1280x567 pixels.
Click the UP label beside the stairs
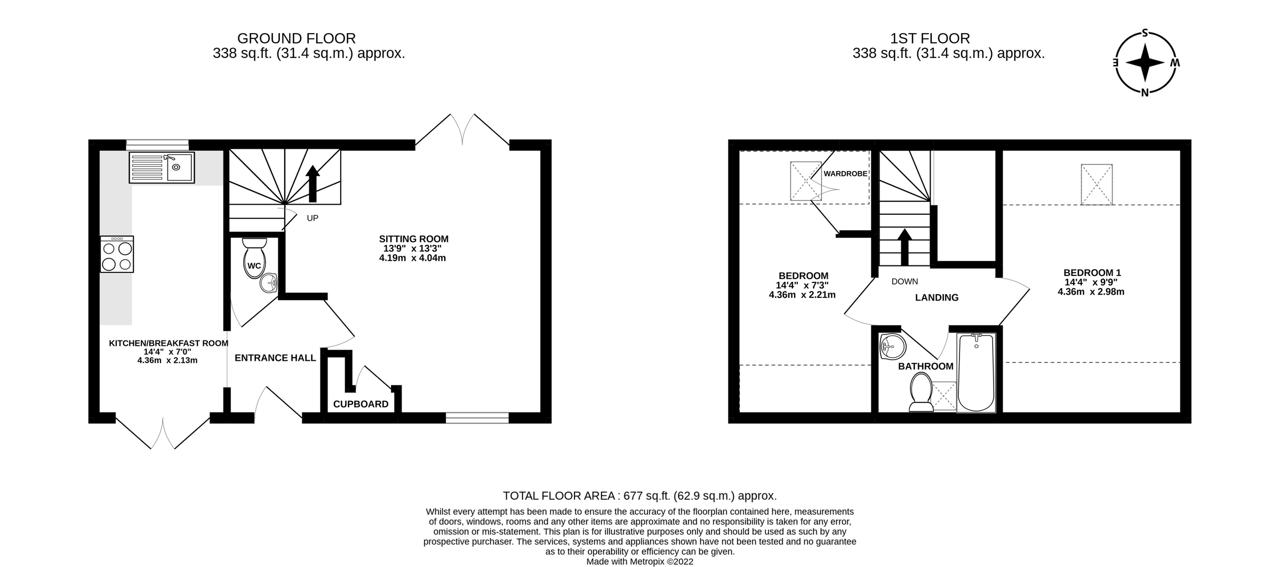coord(313,218)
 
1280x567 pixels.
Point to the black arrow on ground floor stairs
coord(313,183)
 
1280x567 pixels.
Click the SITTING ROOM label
coord(413,239)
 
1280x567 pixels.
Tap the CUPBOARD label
coord(361,404)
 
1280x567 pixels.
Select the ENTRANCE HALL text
coord(275,358)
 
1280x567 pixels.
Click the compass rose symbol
coord(1145,62)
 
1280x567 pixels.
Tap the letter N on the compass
coord(1145,93)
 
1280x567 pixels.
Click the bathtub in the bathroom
coord(976,373)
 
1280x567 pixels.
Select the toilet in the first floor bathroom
coord(921,392)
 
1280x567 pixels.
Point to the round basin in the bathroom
coord(892,347)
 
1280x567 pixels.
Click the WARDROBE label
coord(845,174)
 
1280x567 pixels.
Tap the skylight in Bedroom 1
coord(1097,184)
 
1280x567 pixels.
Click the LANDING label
coord(937,297)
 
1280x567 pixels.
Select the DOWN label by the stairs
coord(905,281)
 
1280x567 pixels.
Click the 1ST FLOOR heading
coord(930,38)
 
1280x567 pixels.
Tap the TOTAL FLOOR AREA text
coord(639,496)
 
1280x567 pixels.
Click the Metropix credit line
coord(639,561)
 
